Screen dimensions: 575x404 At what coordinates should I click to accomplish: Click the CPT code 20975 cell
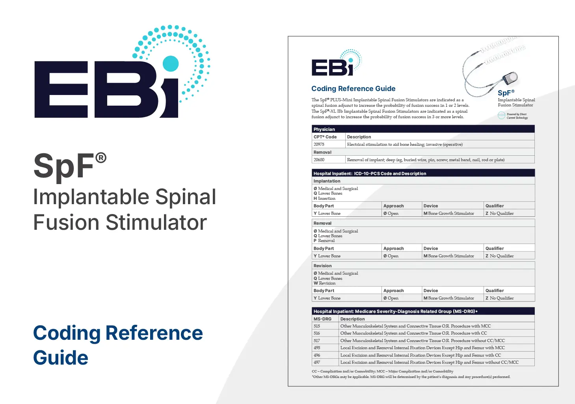(x=319, y=145)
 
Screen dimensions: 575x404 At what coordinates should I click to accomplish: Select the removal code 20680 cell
(x=319, y=160)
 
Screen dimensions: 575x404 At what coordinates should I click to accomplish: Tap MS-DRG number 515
(x=317, y=326)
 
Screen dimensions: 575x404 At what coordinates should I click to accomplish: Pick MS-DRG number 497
(x=317, y=363)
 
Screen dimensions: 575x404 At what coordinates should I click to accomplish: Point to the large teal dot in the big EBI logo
(x=171, y=63)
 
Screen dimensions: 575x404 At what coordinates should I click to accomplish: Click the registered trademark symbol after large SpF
(x=100, y=158)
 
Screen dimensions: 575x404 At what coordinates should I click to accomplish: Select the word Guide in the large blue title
(x=61, y=357)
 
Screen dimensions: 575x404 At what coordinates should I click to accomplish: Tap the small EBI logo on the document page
(x=337, y=63)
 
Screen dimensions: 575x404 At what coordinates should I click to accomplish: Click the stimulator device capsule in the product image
(x=510, y=78)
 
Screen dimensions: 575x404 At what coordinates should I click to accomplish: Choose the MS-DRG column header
(x=322, y=319)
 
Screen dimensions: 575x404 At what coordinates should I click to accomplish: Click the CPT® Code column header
(x=325, y=137)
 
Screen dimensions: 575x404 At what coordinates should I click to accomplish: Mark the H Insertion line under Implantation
(x=324, y=198)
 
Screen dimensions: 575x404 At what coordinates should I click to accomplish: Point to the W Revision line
(x=324, y=283)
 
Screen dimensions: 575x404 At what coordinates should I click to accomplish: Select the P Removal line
(x=324, y=240)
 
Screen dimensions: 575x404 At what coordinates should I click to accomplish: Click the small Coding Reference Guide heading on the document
(x=353, y=89)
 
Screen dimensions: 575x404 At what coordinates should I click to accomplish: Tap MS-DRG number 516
(x=317, y=333)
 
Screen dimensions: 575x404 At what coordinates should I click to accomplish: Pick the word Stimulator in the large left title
(x=156, y=222)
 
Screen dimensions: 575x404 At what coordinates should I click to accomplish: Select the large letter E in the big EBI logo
(x=61, y=89)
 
